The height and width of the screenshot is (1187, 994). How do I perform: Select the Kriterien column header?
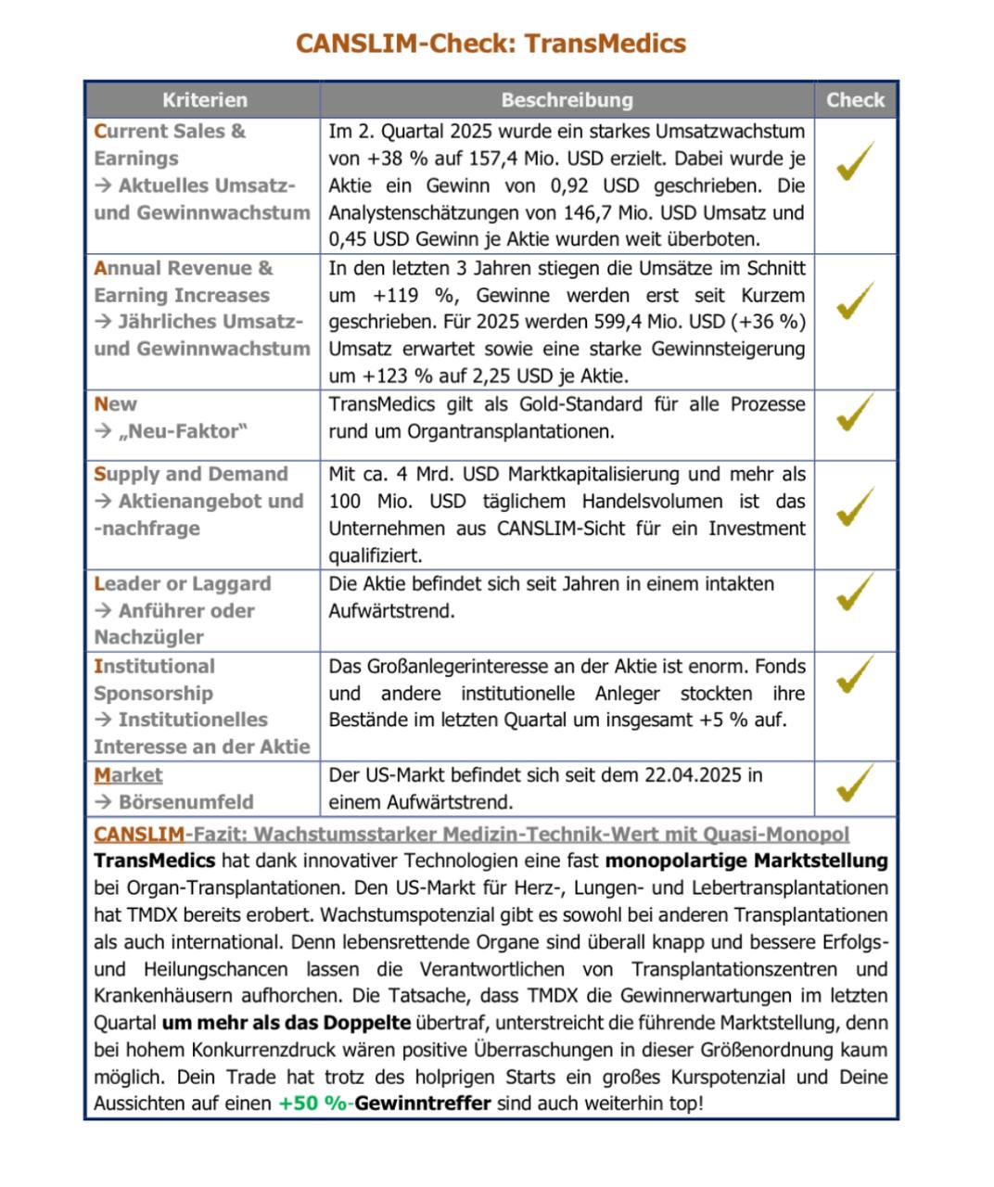point(205,100)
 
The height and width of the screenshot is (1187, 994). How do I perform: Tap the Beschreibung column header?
point(567,100)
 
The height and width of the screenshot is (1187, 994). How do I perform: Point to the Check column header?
point(855,100)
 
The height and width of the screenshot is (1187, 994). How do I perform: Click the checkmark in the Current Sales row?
point(855,161)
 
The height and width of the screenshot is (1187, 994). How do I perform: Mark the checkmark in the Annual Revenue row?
point(855,300)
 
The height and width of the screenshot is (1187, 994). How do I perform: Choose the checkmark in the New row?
point(855,412)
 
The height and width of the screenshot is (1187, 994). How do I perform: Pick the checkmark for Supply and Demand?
point(855,506)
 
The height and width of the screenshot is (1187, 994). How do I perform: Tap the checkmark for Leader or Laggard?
point(855,592)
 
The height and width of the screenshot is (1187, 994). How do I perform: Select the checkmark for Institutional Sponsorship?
point(855,674)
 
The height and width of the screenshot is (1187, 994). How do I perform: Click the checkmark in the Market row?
point(855,783)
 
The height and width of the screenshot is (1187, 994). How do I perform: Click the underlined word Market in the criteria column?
point(128,775)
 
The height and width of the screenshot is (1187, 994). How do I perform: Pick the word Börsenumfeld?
point(185,802)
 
